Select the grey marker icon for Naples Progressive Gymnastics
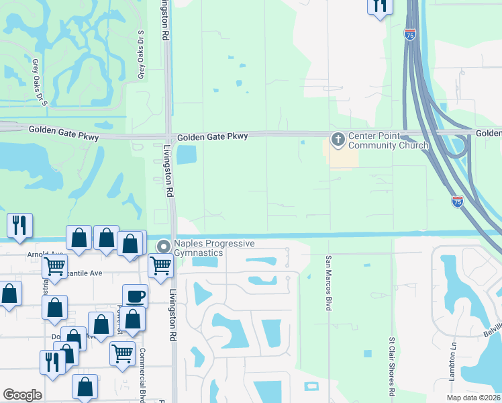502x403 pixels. [x=163, y=247]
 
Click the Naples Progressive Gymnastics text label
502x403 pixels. [x=214, y=247]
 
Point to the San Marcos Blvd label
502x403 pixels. [x=329, y=282]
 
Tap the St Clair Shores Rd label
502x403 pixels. [x=391, y=366]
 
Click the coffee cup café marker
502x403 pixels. [x=135, y=296]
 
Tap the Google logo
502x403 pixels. [x=22, y=395]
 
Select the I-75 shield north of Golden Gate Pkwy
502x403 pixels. [x=409, y=33]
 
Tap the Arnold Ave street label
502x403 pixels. [x=45, y=255]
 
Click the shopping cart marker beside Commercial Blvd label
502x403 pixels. [x=122, y=352]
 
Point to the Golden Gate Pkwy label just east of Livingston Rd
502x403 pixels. [x=213, y=136]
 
